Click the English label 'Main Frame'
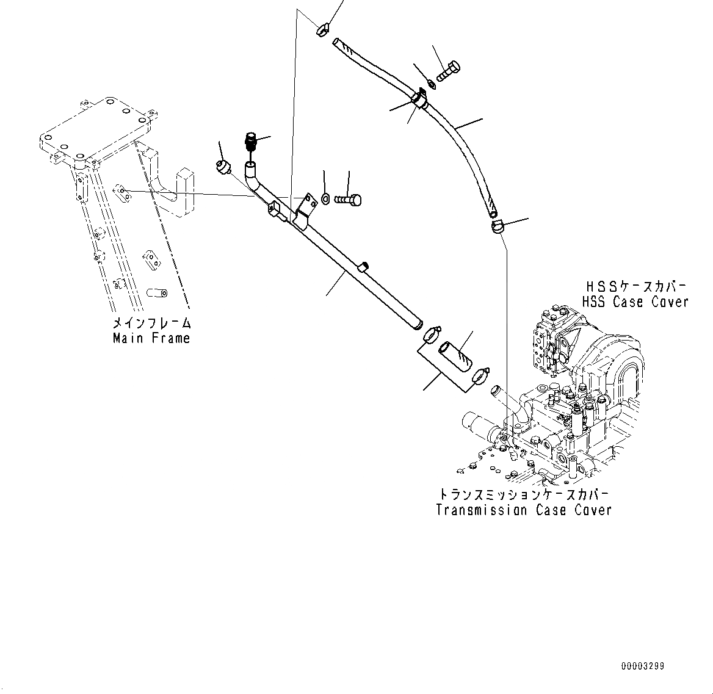pos(151,338)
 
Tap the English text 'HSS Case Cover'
pos(635,302)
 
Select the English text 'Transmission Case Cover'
pos(523,510)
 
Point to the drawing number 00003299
pos(643,666)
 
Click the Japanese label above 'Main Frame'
pos(151,324)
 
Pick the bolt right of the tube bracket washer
pos(349,199)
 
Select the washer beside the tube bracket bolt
pos(325,198)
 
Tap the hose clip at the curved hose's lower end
pos(497,227)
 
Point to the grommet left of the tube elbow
pos(223,166)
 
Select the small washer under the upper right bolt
pos(432,84)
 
